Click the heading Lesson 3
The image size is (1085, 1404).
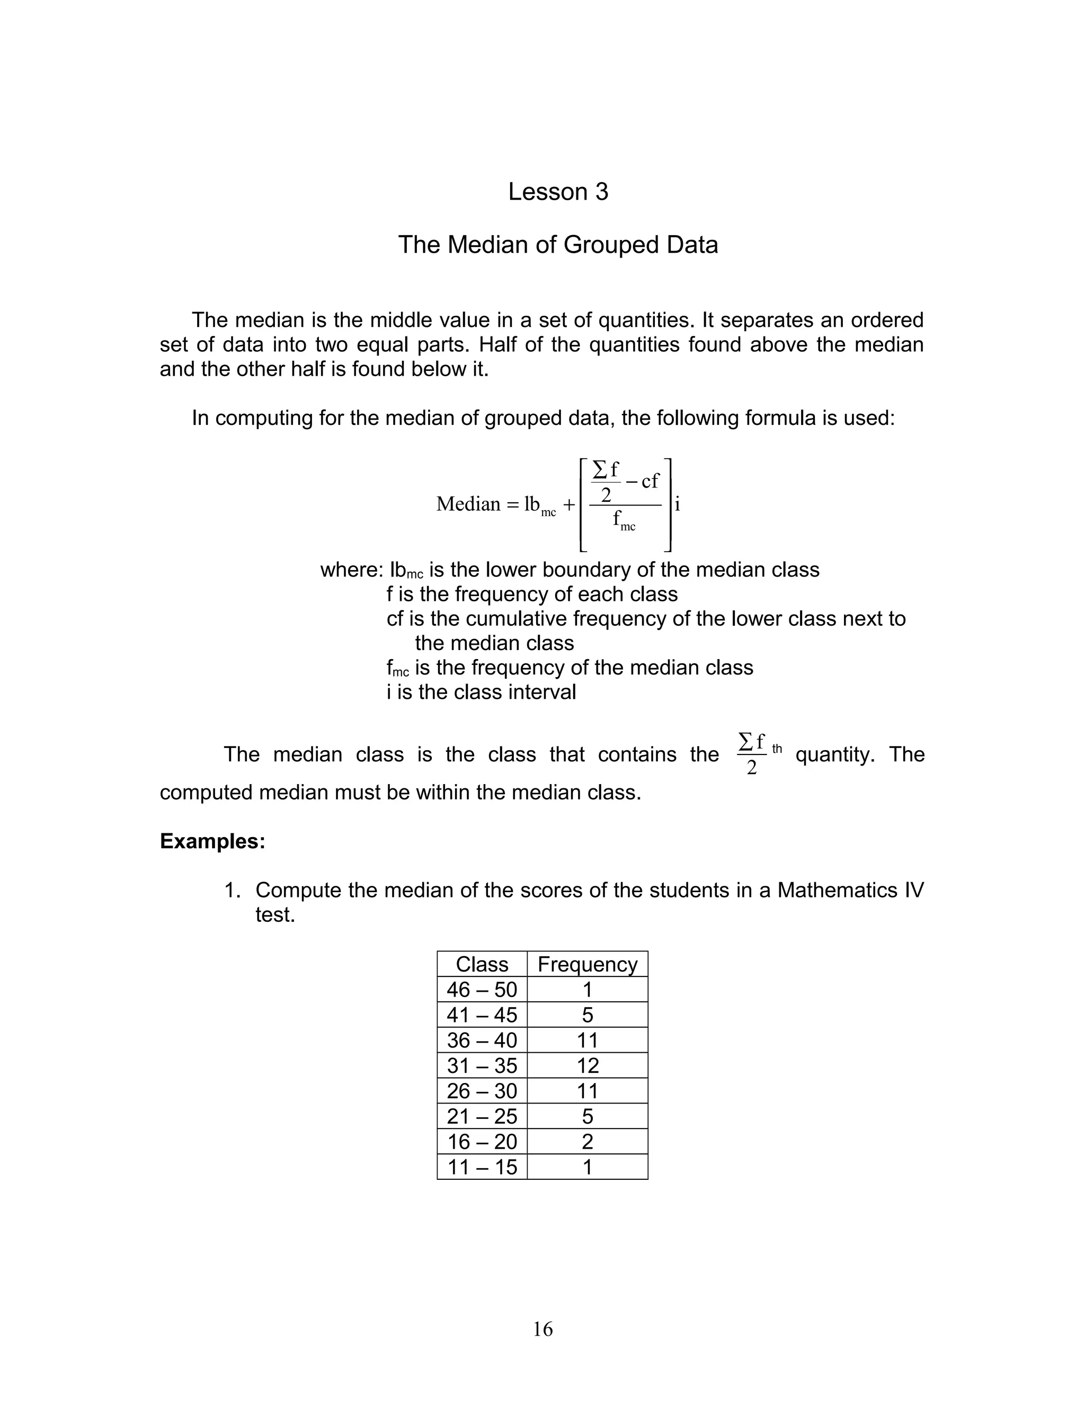tap(557, 192)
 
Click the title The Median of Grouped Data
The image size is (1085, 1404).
tap(557, 245)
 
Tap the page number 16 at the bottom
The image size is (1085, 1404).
tap(542, 1329)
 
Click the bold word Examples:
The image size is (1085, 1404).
tap(212, 841)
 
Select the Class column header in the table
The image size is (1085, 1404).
tap(482, 964)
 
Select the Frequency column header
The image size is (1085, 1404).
tap(587, 964)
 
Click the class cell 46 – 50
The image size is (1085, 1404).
tap(482, 989)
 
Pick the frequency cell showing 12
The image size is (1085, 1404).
tap(587, 1065)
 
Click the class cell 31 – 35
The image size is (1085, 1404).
tap(482, 1065)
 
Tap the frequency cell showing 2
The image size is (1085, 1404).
tap(587, 1141)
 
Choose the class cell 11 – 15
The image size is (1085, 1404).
tap(482, 1167)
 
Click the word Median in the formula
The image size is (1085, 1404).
tap(468, 504)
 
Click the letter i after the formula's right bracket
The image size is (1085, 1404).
tap(678, 504)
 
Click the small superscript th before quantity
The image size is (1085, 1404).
tap(777, 749)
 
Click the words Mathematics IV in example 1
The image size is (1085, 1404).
tap(850, 891)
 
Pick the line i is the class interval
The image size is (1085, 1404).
tap(481, 692)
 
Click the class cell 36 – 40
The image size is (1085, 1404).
tap(482, 1040)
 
